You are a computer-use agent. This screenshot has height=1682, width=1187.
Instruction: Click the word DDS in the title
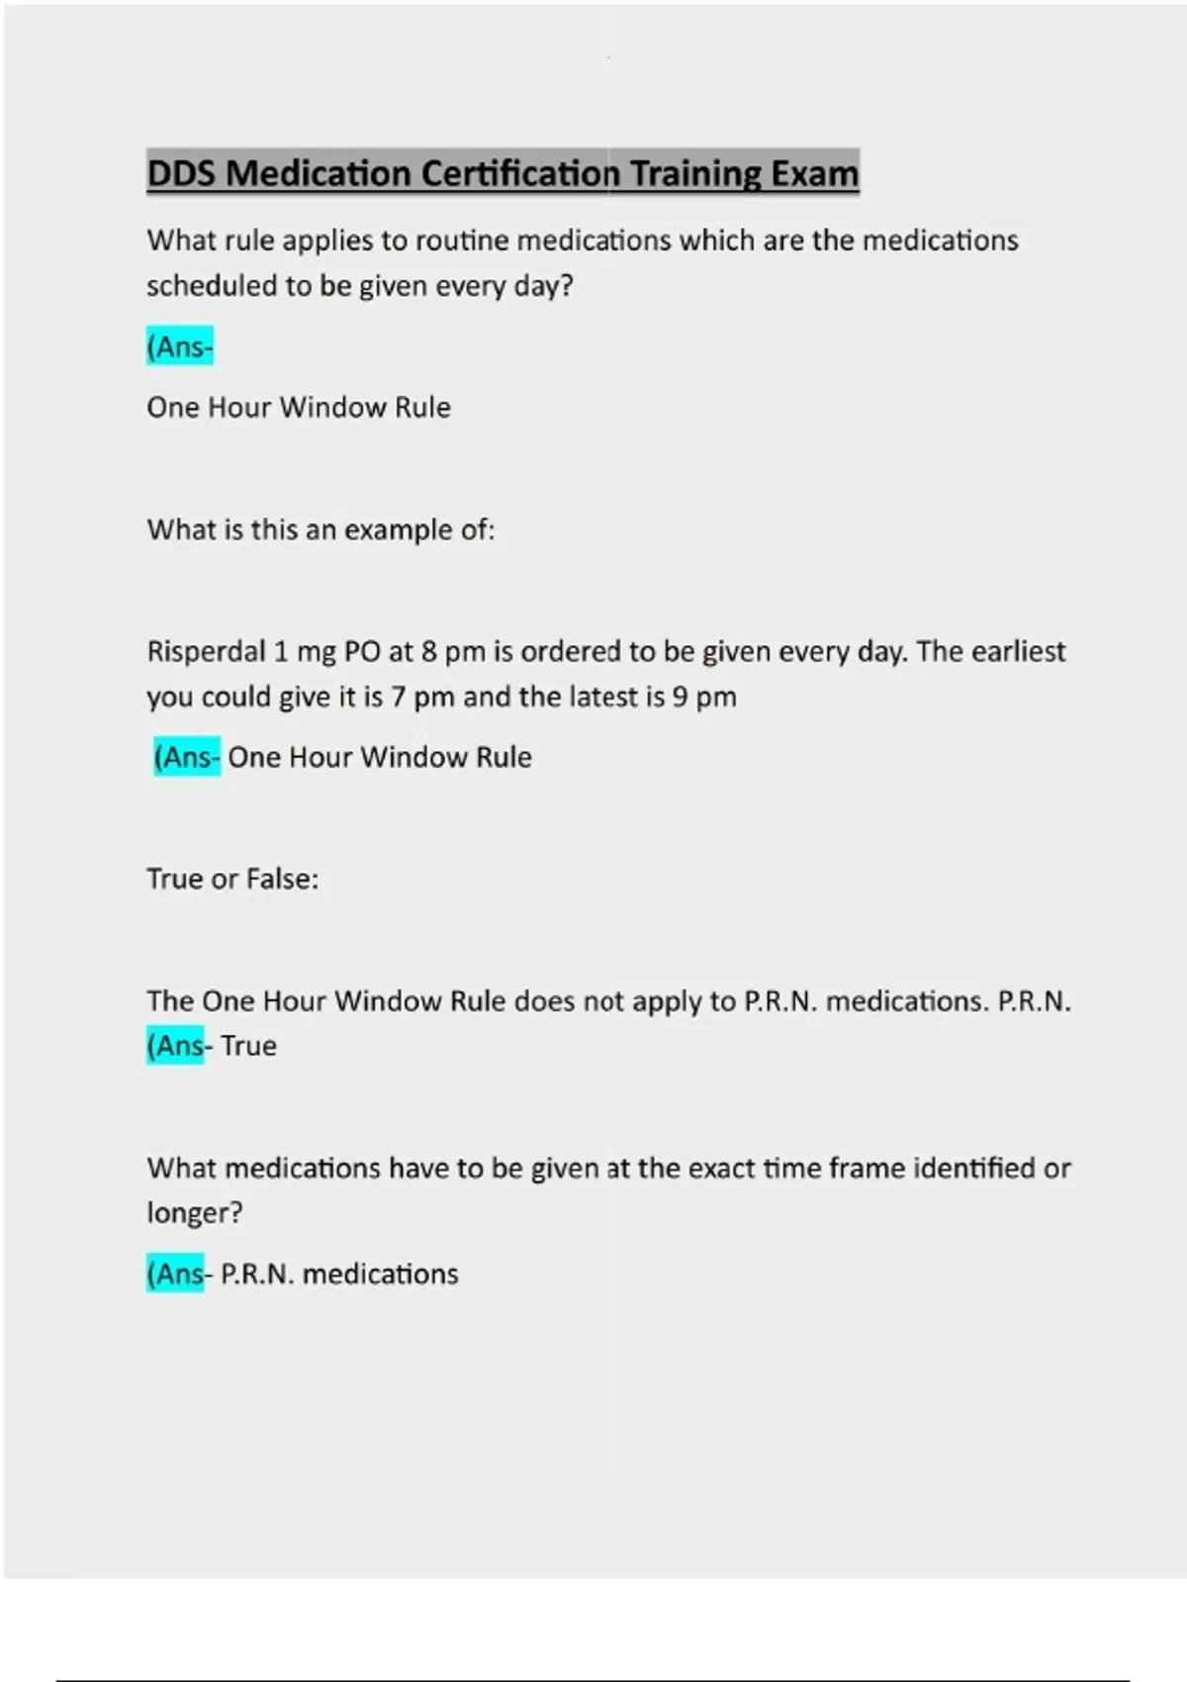(x=182, y=174)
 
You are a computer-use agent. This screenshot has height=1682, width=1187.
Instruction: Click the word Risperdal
(x=206, y=652)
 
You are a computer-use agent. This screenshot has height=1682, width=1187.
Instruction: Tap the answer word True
(x=248, y=1046)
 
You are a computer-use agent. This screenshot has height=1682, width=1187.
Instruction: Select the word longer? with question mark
(x=194, y=1213)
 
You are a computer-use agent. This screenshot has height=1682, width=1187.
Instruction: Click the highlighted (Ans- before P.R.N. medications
(x=176, y=1274)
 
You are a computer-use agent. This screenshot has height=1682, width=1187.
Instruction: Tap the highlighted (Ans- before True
(x=176, y=1046)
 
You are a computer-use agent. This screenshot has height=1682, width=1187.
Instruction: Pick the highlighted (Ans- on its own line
(x=180, y=347)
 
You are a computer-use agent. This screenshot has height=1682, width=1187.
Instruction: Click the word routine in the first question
(x=461, y=240)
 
